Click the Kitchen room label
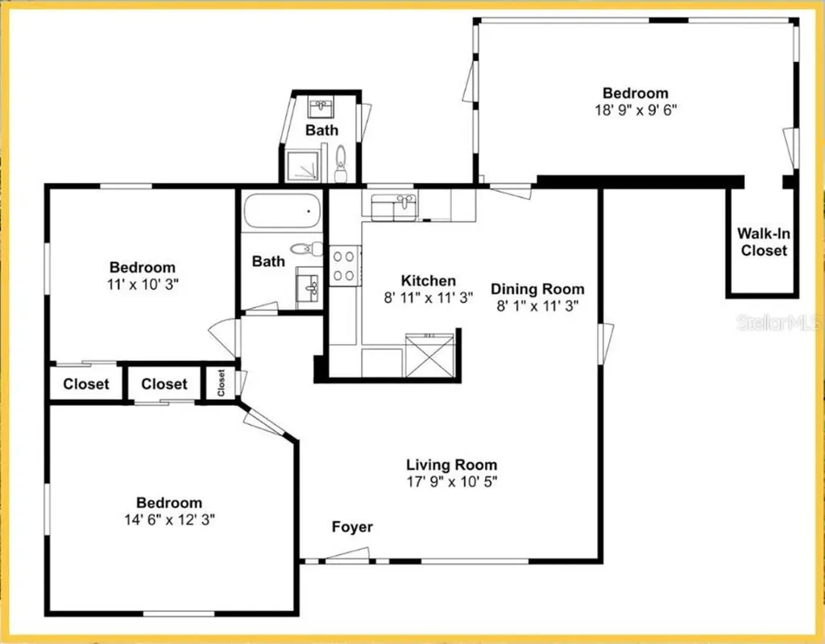click(428, 280)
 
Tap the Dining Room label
click(537, 289)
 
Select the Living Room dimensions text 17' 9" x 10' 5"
click(451, 481)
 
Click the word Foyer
click(352, 527)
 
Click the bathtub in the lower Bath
click(282, 212)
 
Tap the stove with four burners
click(345, 265)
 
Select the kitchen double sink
click(392, 206)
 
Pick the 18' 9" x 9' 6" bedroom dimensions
click(635, 110)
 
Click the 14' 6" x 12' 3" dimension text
click(168, 520)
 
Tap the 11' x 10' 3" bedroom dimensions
click(143, 284)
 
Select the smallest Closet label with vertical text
click(221, 384)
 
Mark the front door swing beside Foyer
click(348, 554)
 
